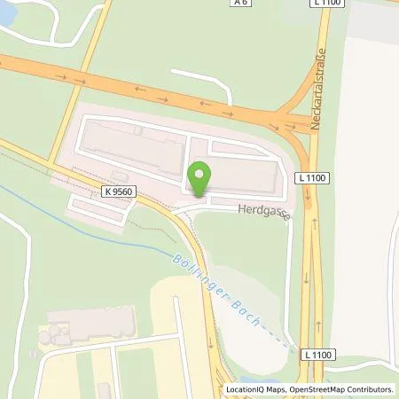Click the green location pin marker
(x=201, y=177)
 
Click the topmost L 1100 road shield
(x=327, y=4)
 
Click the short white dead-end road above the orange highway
(x=202, y=75)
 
